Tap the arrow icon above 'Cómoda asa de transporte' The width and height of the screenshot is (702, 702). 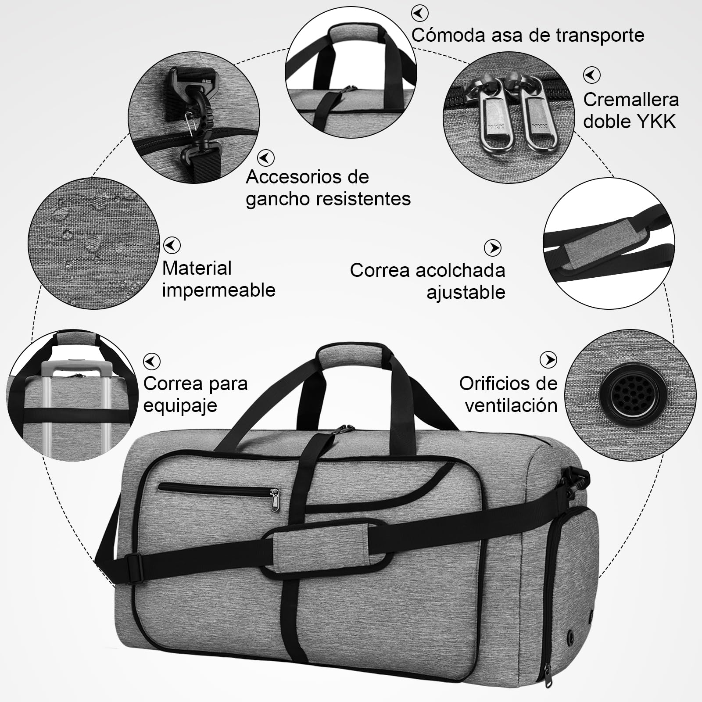[x=420, y=13]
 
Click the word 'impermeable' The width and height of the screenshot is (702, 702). [x=218, y=290]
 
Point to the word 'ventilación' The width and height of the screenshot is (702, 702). [x=511, y=405]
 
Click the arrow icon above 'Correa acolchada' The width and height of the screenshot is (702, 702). [x=493, y=248]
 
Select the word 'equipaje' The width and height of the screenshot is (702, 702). [x=180, y=405]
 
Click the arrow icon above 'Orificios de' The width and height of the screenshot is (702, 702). [x=548, y=360]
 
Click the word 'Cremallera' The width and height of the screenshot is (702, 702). [x=631, y=100]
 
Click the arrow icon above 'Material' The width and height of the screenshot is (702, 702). [x=172, y=245]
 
